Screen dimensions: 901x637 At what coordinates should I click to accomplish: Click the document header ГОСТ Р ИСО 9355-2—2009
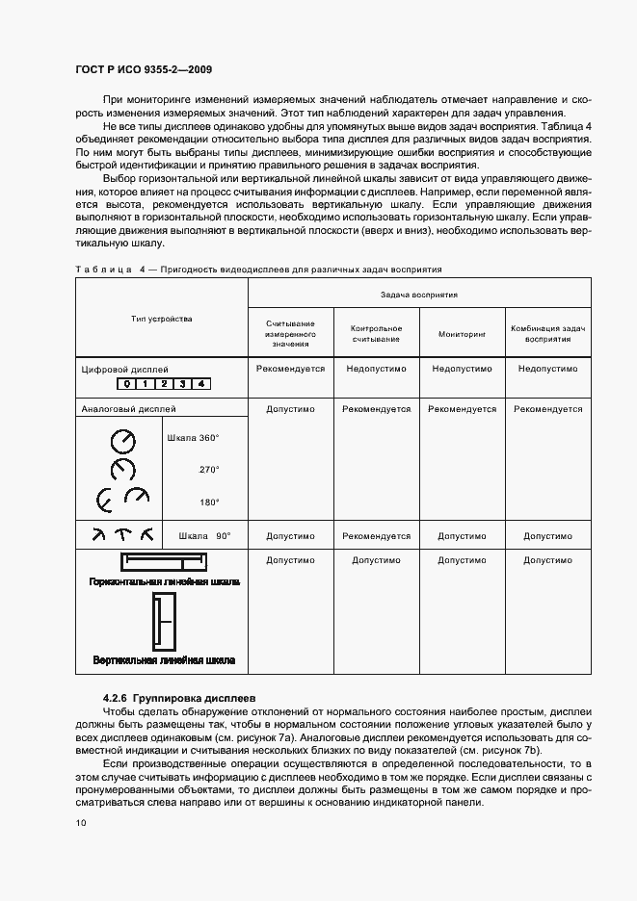pos(144,70)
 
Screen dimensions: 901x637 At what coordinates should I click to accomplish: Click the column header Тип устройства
pos(162,319)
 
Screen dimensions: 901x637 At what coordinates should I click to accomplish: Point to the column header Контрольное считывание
pos(376,334)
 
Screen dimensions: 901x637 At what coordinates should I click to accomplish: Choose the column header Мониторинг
pos(462,334)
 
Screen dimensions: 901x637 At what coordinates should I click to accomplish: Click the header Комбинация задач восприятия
pos(547,334)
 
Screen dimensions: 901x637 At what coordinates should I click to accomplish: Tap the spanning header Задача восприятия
pos(419,294)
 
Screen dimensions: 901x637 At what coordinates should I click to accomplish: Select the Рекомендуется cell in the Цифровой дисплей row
pos(290,369)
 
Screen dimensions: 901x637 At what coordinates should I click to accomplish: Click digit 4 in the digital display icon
pos(200,384)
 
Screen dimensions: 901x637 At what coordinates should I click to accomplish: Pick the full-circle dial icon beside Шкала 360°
pos(123,441)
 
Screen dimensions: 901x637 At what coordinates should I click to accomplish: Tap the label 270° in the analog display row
pos(209,470)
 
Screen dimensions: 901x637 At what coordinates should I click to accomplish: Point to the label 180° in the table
pos(209,502)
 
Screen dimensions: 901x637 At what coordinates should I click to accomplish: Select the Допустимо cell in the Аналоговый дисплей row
pos(290,409)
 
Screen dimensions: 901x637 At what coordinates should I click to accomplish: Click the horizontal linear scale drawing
pos(162,561)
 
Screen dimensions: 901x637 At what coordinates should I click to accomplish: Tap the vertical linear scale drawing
pos(162,621)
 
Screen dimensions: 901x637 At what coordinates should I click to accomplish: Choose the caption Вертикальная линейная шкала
pos(163,661)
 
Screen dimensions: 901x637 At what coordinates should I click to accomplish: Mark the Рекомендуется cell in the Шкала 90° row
pos(376,536)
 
